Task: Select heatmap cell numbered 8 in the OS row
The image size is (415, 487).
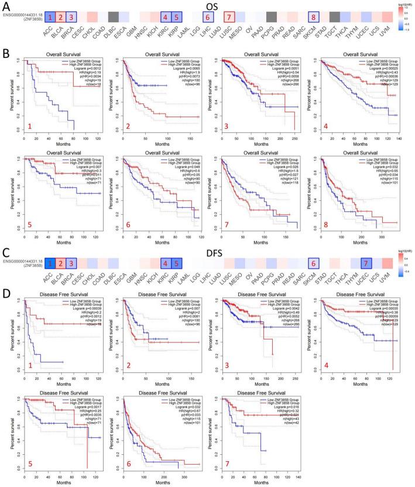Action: [315, 17]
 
